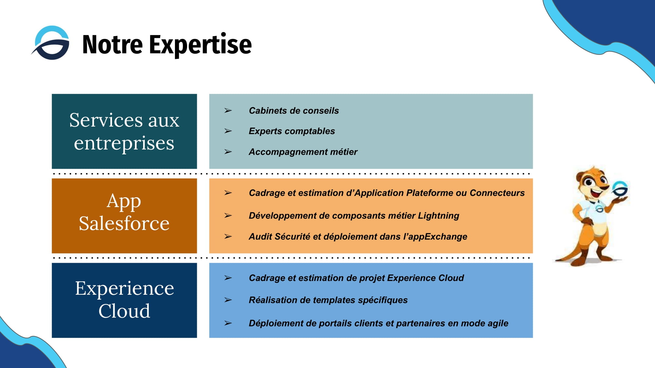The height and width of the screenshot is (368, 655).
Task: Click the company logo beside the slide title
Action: [51, 43]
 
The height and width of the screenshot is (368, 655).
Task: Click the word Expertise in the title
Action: [200, 45]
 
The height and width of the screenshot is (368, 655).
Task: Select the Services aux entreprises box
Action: [124, 131]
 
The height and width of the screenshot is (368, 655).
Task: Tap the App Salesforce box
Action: [124, 216]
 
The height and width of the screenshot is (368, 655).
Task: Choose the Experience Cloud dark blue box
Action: [124, 300]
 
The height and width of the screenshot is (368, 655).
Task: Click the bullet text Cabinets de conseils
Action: [293, 111]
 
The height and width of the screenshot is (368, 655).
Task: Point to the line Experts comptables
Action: [291, 131]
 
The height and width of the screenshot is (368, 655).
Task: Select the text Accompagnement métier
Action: [303, 152]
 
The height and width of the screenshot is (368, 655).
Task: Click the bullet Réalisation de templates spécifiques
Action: [328, 300]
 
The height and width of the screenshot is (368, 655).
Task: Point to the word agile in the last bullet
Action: [498, 324]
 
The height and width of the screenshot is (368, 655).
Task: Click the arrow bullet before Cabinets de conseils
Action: [228, 111]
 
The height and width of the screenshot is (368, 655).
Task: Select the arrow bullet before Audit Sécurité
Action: [228, 237]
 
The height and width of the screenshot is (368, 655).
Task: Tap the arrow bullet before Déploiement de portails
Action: [228, 323]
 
